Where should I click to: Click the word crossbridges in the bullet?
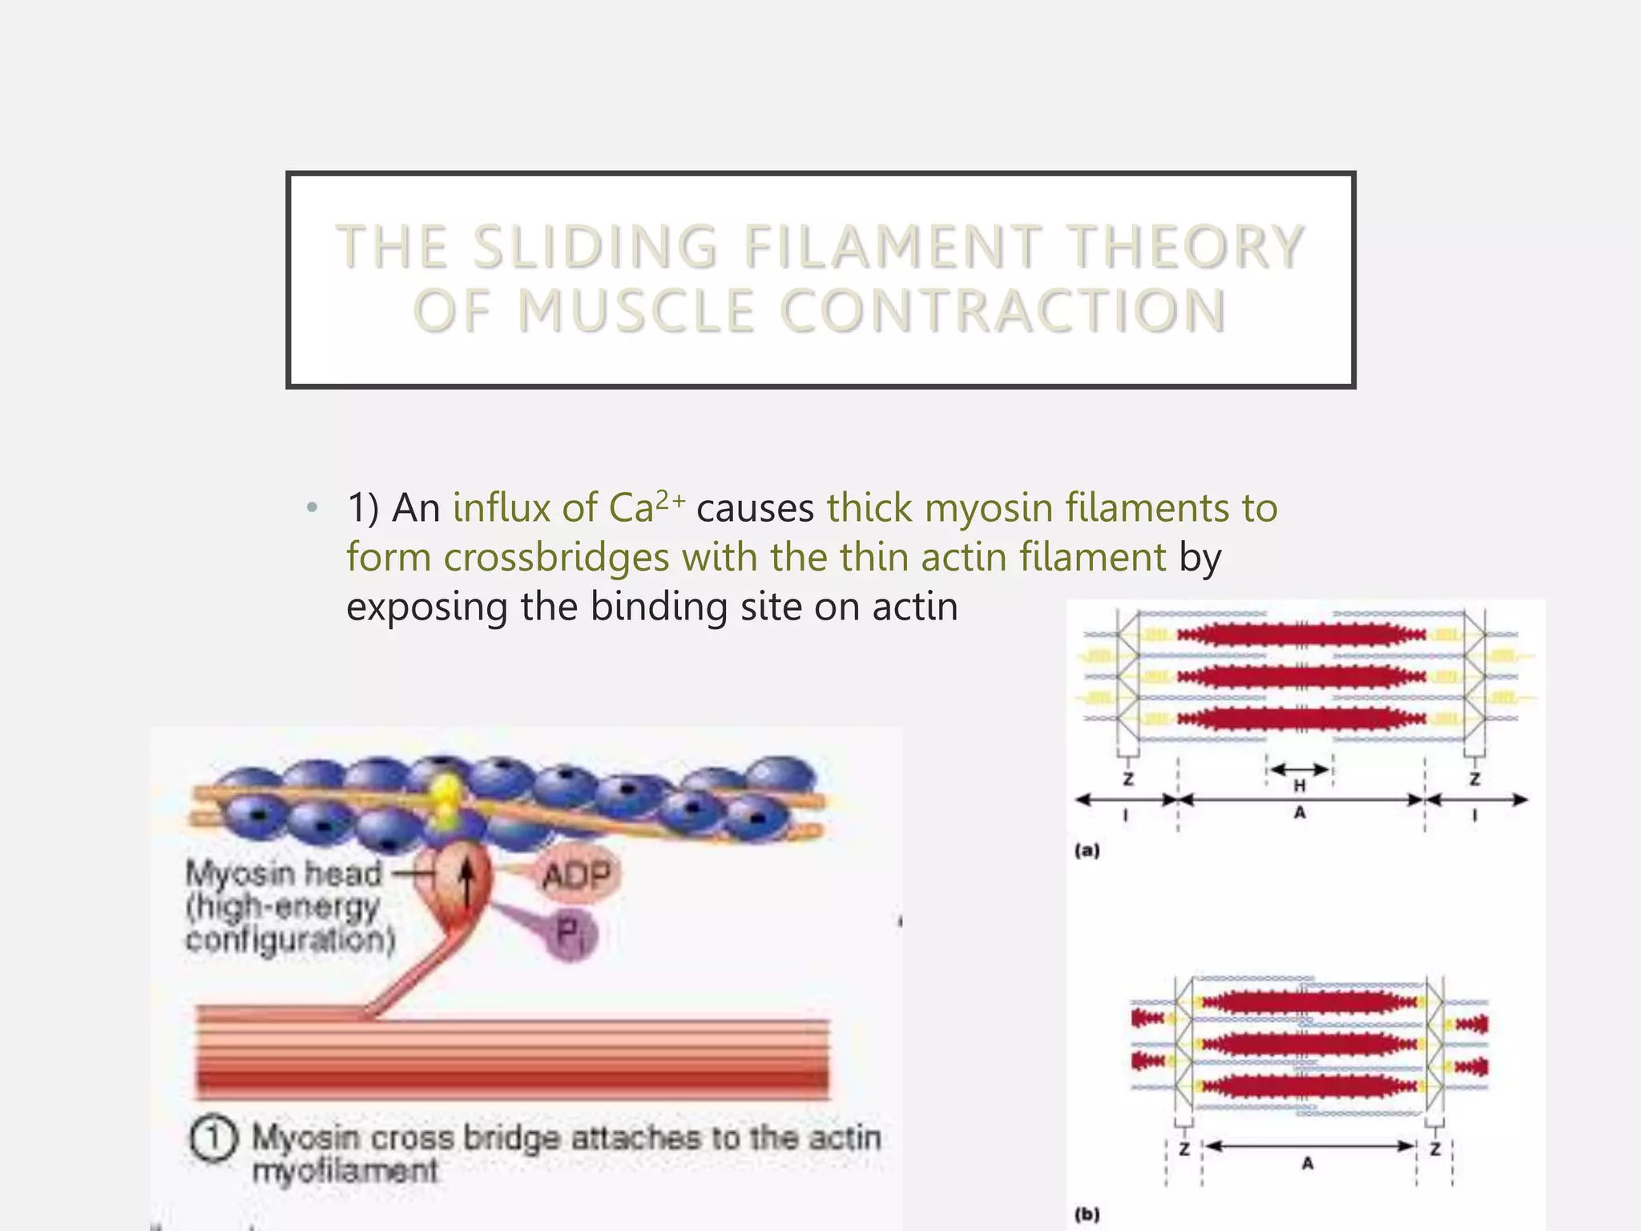(x=556, y=557)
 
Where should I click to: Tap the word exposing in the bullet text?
(x=426, y=607)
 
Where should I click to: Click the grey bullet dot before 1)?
(x=312, y=508)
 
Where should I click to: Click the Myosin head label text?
(x=284, y=874)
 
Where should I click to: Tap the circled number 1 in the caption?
(x=213, y=1138)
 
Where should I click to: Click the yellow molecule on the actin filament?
(x=446, y=801)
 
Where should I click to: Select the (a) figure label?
(x=1087, y=851)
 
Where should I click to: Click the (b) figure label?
(x=1087, y=1214)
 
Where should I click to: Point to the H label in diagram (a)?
(x=1300, y=785)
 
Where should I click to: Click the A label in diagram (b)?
(x=1308, y=1163)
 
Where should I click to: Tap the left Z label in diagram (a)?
(x=1128, y=779)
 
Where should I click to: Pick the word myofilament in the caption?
(x=345, y=1172)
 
